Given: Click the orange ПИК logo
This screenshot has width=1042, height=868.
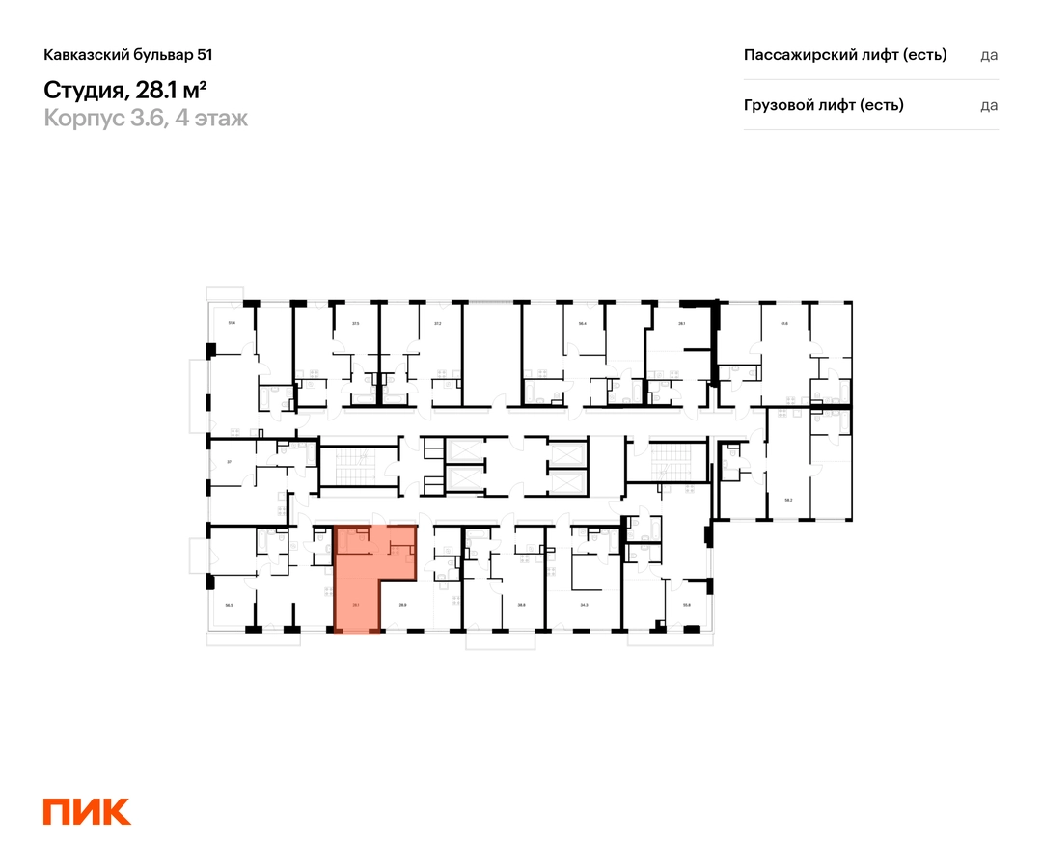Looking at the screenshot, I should [x=87, y=811].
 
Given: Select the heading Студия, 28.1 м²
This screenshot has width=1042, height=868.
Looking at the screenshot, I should [x=126, y=90].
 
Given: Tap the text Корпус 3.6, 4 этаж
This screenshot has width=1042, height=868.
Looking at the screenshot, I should [x=146, y=119].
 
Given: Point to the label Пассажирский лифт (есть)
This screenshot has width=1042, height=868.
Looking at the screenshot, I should [x=845, y=55].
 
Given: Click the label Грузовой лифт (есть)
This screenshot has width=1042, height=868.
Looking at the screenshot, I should [x=824, y=105].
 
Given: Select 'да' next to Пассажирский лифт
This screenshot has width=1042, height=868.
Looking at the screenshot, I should [x=989, y=55].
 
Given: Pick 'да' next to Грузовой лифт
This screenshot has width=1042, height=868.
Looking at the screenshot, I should [x=989, y=105].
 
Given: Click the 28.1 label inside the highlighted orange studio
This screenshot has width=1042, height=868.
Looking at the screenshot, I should [x=356, y=606].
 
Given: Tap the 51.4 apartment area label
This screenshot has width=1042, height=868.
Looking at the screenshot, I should [x=232, y=323].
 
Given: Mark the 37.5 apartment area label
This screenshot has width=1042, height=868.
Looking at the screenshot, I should [x=355, y=323].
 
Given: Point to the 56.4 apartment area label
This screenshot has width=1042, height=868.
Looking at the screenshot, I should [x=583, y=323].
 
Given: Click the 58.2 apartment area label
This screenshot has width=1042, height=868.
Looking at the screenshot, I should [x=788, y=500].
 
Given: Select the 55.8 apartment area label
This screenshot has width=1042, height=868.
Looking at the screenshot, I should [x=687, y=606].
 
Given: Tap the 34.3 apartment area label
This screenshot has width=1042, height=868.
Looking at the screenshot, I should [x=584, y=606].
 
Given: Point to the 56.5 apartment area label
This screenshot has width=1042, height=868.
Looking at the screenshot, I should [x=230, y=606].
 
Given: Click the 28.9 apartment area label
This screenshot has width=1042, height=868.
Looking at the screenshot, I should [x=402, y=606].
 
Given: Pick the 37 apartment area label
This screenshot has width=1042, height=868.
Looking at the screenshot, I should [x=229, y=462].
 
